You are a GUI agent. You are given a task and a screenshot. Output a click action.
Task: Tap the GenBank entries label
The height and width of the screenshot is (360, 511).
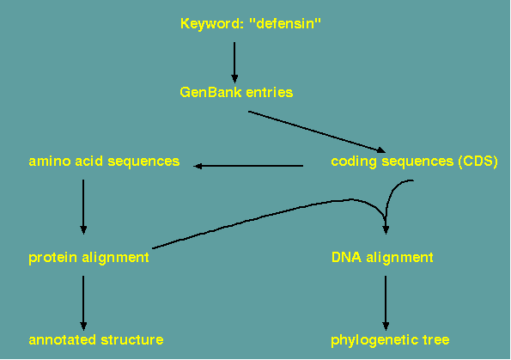[236, 92]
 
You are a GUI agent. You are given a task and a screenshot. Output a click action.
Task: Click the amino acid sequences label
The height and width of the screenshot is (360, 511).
[104, 161]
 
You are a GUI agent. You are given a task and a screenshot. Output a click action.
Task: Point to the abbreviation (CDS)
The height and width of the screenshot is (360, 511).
[478, 162]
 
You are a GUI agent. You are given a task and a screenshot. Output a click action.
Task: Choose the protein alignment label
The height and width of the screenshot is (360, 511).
[88, 258]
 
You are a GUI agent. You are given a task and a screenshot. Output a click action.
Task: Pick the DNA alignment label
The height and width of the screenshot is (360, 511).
[382, 257]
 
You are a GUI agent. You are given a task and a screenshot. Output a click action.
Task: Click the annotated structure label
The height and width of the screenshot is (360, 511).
[96, 339]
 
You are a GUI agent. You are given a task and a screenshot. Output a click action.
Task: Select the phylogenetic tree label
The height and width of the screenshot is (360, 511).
[390, 340]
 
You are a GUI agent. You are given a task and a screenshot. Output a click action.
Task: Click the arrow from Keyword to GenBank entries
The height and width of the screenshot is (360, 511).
[234, 62]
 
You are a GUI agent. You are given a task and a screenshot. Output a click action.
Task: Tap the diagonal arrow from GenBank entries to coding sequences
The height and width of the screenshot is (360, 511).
[317, 132]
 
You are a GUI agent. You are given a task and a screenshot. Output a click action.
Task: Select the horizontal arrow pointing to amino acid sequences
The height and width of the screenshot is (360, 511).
[248, 166]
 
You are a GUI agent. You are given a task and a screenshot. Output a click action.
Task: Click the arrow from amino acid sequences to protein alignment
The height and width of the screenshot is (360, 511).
[83, 207]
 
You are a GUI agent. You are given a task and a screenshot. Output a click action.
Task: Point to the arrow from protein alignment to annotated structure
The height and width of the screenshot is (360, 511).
[83, 303]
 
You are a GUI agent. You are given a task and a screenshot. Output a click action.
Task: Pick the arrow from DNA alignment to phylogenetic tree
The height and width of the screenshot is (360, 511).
[386, 303]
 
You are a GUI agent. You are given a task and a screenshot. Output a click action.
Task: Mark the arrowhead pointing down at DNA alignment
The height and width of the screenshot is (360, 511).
[386, 229]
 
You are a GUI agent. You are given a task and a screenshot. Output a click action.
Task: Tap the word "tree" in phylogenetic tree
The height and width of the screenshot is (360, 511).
[436, 340]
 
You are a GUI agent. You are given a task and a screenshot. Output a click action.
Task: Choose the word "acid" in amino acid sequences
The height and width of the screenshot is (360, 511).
[88, 161]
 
